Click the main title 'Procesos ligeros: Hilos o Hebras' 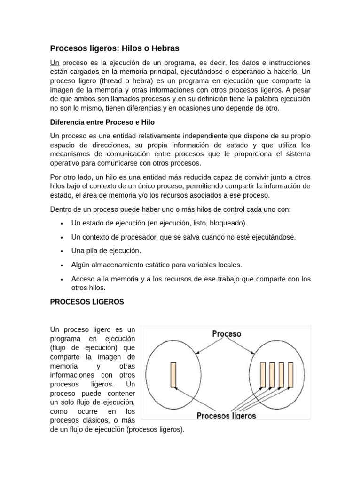pyautogui.click(x=115, y=48)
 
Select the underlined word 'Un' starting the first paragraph pyautogui.click(x=55, y=63)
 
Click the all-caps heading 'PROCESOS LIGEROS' pyautogui.click(x=87, y=302)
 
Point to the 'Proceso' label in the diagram pyautogui.click(x=227, y=334)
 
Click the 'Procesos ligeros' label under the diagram pyautogui.click(x=226, y=416)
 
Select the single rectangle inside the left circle pyautogui.click(x=173, y=375)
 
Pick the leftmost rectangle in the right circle pyautogui.click(x=263, y=375)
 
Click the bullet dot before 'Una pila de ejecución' pyautogui.click(x=62, y=251)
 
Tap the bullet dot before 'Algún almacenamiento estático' pyautogui.click(x=62, y=265)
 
